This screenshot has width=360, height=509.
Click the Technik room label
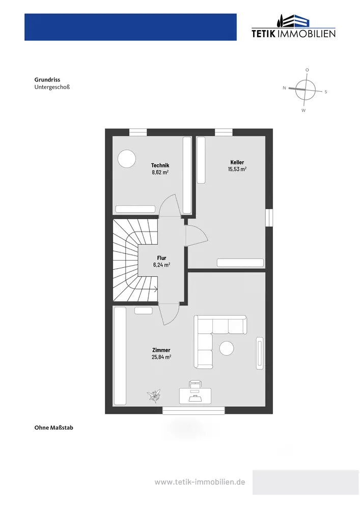[160, 165]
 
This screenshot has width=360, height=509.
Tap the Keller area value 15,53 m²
[237, 169]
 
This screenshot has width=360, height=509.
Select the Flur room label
[161, 258]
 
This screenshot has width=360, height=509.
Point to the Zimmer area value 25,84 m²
[161, 357]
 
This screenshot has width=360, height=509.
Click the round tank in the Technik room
[127, 159]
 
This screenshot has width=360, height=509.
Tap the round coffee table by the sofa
[226, 349]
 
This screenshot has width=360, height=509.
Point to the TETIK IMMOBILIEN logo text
[293, 34]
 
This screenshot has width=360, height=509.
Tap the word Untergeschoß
[51, 87]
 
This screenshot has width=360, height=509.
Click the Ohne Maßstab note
[53, 428]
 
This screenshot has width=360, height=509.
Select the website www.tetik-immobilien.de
[200, 482]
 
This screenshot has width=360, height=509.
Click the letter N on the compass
[284, 88]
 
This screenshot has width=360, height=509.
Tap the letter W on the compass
[303, 110]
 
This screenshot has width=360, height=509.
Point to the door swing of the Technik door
[169, 206]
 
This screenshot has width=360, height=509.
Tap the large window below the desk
[194, 410]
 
